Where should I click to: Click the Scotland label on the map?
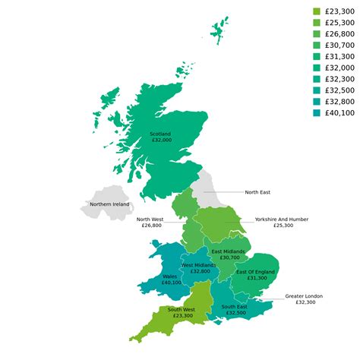pos(161,134)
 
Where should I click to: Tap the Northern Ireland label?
pos(109,204)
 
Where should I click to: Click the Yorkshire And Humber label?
pos(282,219)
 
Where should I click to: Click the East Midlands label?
pos(229,251)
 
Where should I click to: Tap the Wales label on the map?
pos(171,276)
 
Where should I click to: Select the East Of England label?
pos(255,272)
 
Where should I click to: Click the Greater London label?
pos(304,295)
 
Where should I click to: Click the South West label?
pos(181,310)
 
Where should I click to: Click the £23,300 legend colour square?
pos(317,11)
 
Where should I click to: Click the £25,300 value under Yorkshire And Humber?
pos(283,226)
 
